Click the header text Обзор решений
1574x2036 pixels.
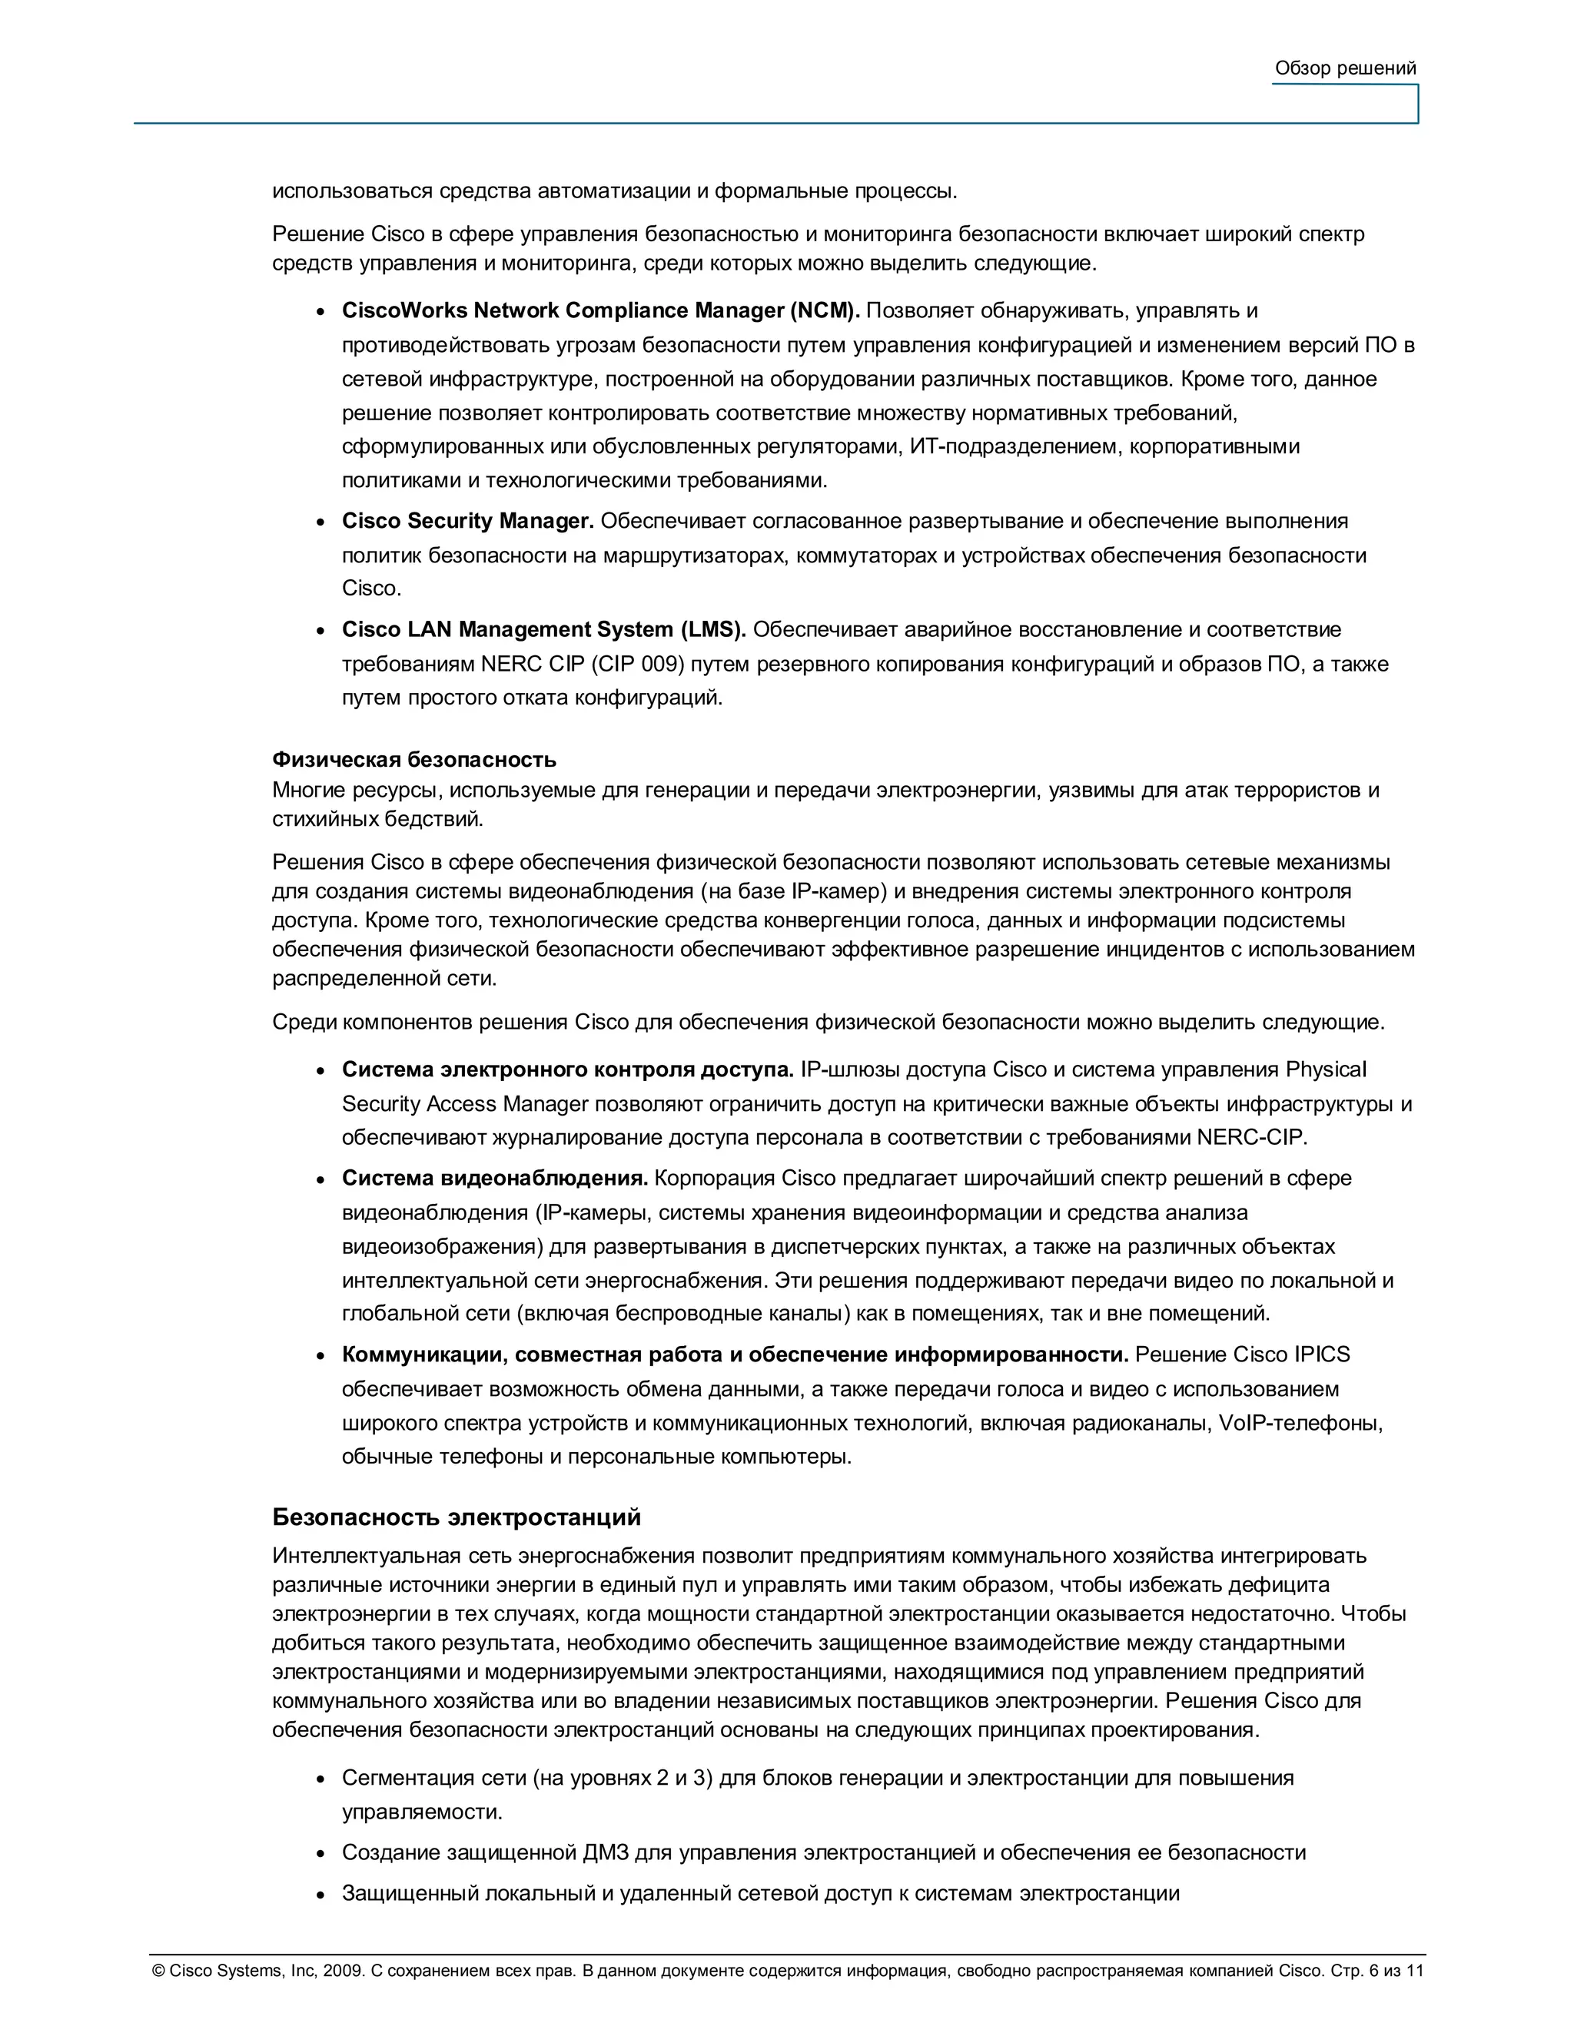coord(1345,68)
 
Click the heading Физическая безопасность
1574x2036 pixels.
coord(414,759)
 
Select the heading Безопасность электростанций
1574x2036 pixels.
coord(456,1517)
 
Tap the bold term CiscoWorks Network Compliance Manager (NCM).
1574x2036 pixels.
coord(599,310)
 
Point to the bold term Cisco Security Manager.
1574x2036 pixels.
coord(467,520)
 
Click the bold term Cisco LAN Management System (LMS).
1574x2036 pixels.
coord(543,629)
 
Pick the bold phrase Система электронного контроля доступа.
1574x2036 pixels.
coord(567,1069)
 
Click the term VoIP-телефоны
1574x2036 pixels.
coord(1300,1423)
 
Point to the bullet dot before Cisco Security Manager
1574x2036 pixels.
coord(320,522)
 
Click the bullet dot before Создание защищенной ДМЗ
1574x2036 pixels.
coord(320,1854)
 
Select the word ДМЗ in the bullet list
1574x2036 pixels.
coord(606,1852)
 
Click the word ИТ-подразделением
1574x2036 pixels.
coord(1015,446)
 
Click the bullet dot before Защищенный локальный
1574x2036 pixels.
coord(320,1895)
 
